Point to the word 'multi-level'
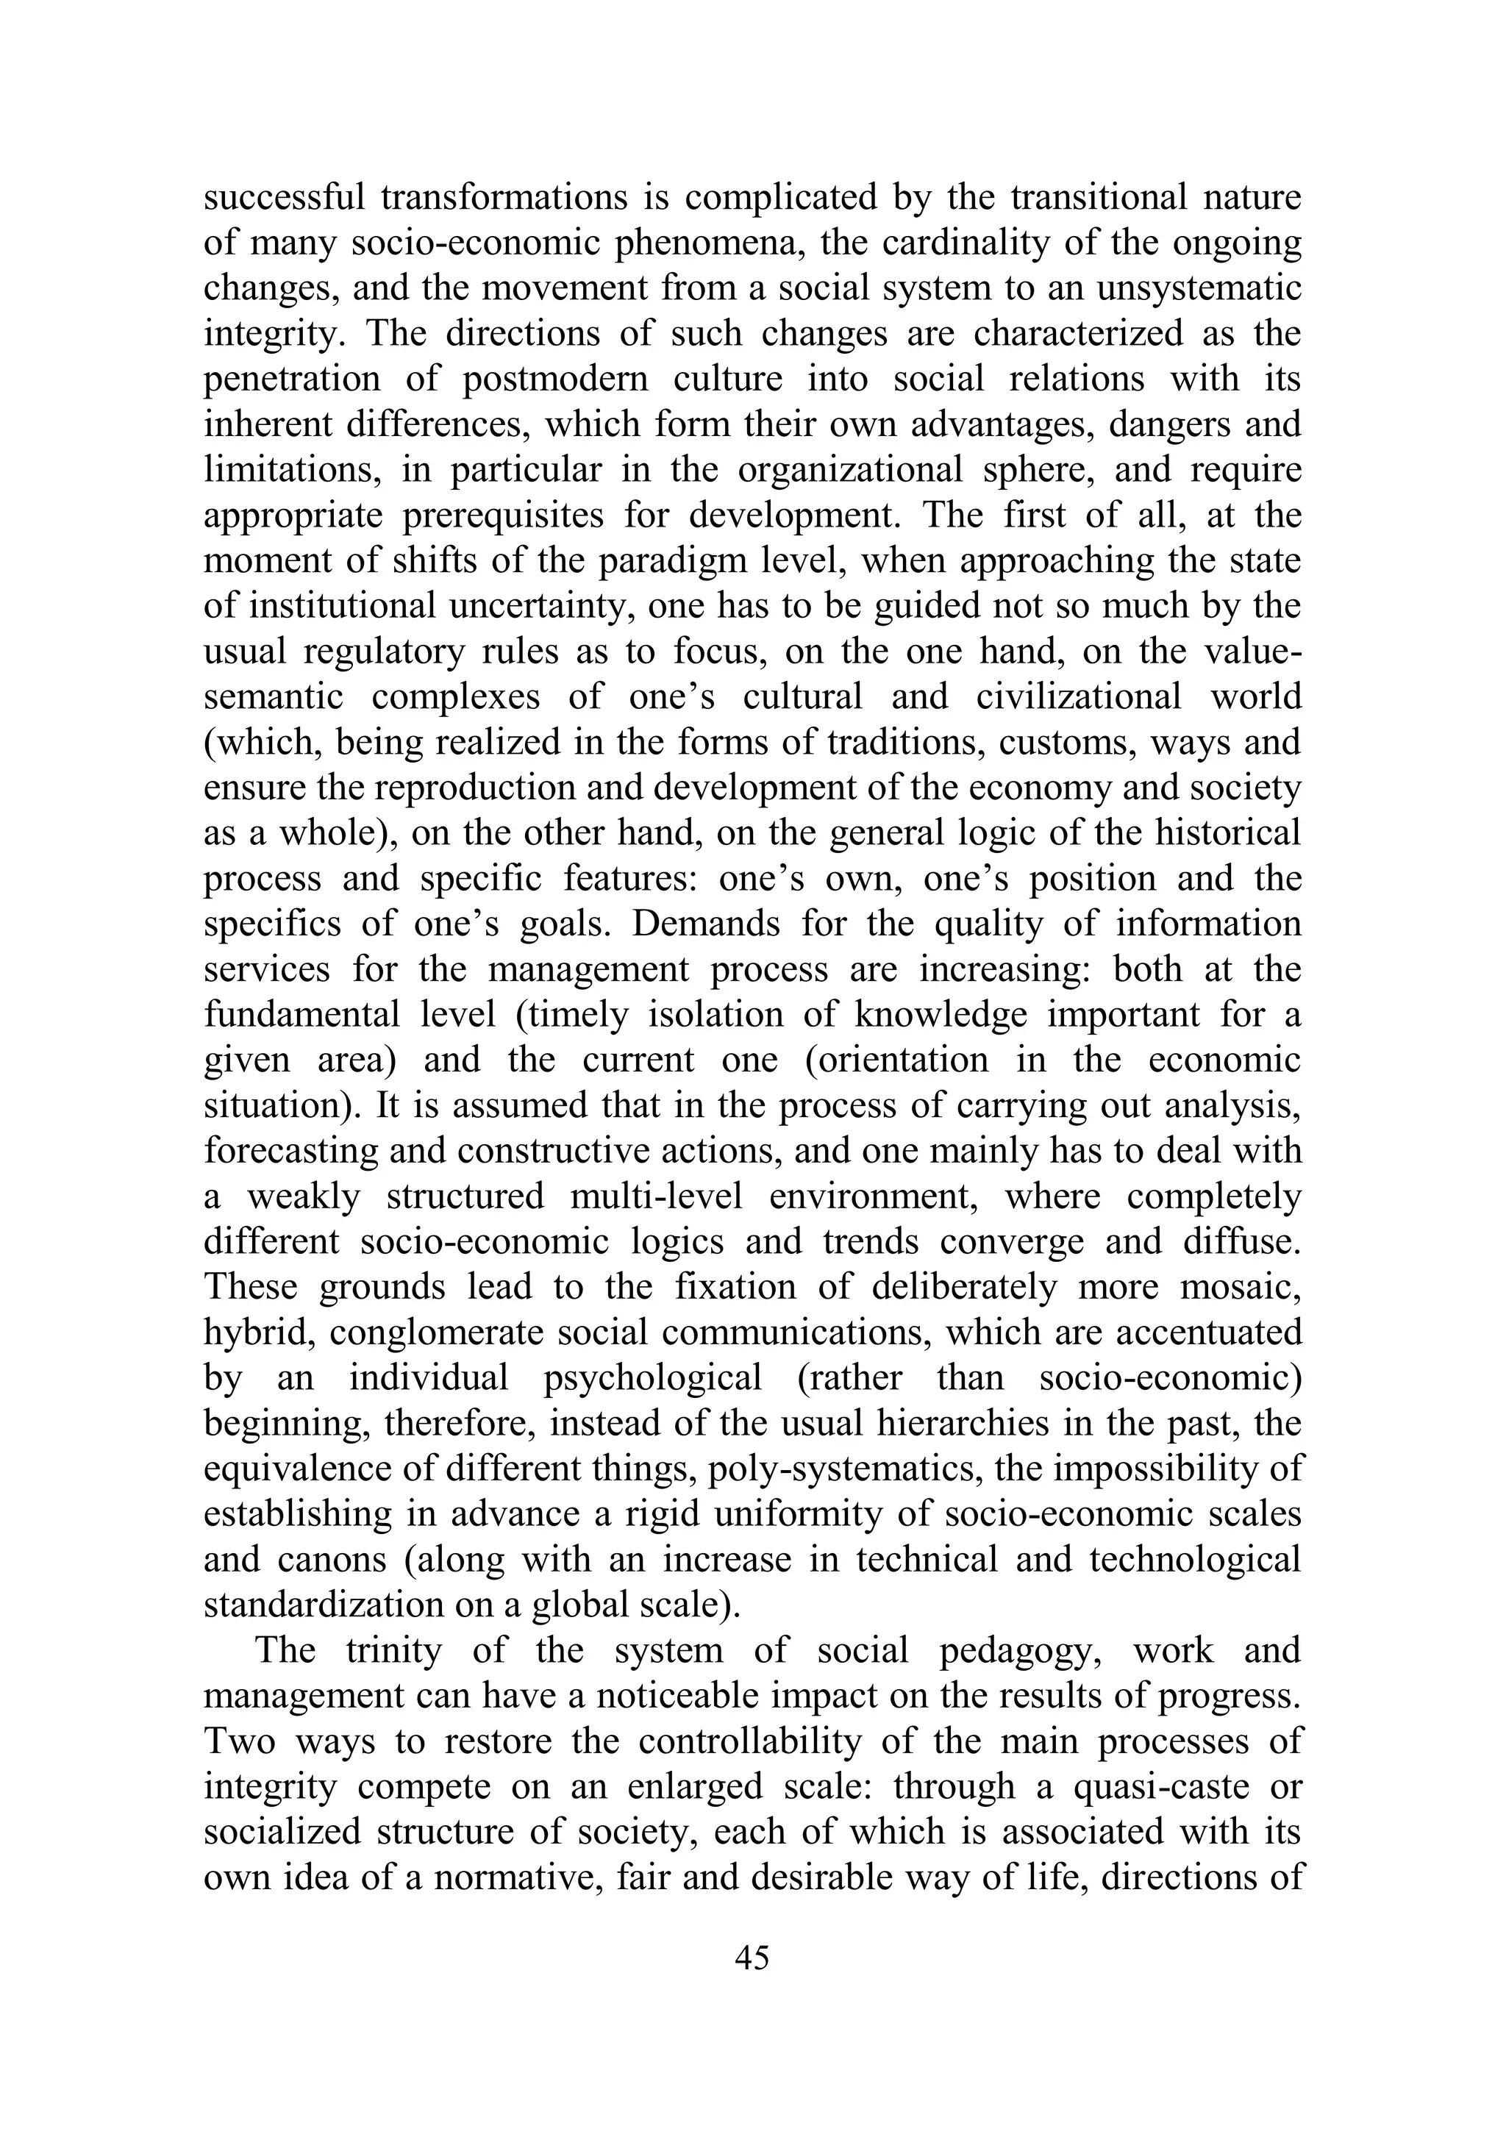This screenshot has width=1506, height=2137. [x=656, y=1196]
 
